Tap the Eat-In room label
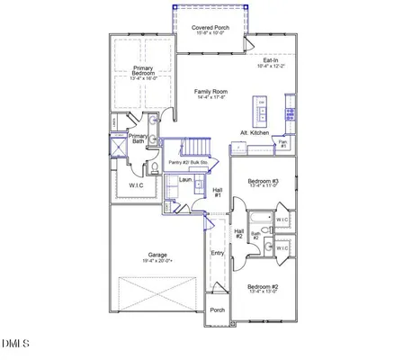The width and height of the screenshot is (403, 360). point(272,62)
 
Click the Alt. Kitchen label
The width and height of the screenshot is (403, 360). point(255,132)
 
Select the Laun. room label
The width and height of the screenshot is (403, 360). point(185,180)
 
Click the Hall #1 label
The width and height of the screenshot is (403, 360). point(218,193)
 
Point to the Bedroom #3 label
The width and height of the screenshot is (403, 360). point(264,183)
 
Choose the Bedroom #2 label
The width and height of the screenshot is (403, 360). point(263,289)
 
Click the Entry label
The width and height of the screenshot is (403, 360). point(217,253)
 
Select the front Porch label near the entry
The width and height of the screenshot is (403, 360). point(217,310)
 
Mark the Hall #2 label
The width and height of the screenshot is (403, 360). point(239,233)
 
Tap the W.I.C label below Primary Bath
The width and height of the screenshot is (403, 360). point(135,186)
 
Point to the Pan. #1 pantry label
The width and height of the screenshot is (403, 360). point(282,143)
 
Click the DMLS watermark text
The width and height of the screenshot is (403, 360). point(16,343)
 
